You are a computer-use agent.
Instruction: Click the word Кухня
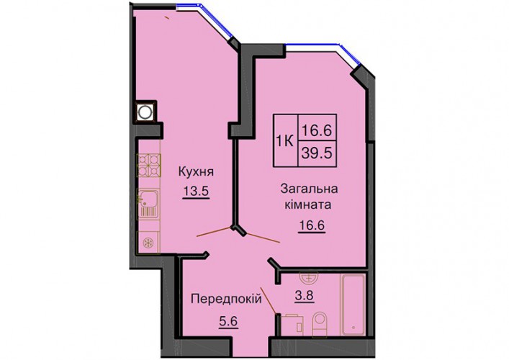(196, 172)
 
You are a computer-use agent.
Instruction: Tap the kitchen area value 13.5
(196, 191)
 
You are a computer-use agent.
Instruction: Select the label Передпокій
(226, 298)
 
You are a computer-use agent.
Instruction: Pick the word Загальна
(309, 189)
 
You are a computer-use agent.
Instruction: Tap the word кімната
(307, 205)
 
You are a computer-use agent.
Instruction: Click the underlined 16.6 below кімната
(312, 225)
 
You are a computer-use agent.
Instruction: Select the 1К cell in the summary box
(285, 141)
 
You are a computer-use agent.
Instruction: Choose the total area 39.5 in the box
(317, 153)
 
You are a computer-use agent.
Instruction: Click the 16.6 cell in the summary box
(317, 127)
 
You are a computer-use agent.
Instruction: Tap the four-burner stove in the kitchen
(149, 165)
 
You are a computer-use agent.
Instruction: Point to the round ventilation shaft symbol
(145, 112)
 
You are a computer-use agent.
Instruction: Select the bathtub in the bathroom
(353, 304)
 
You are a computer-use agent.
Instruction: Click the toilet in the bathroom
(320, 325)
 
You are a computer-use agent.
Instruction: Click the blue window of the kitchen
(204, 19)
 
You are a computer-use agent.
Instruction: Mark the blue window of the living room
(324, 54)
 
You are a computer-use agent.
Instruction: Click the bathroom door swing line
(269, 300)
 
